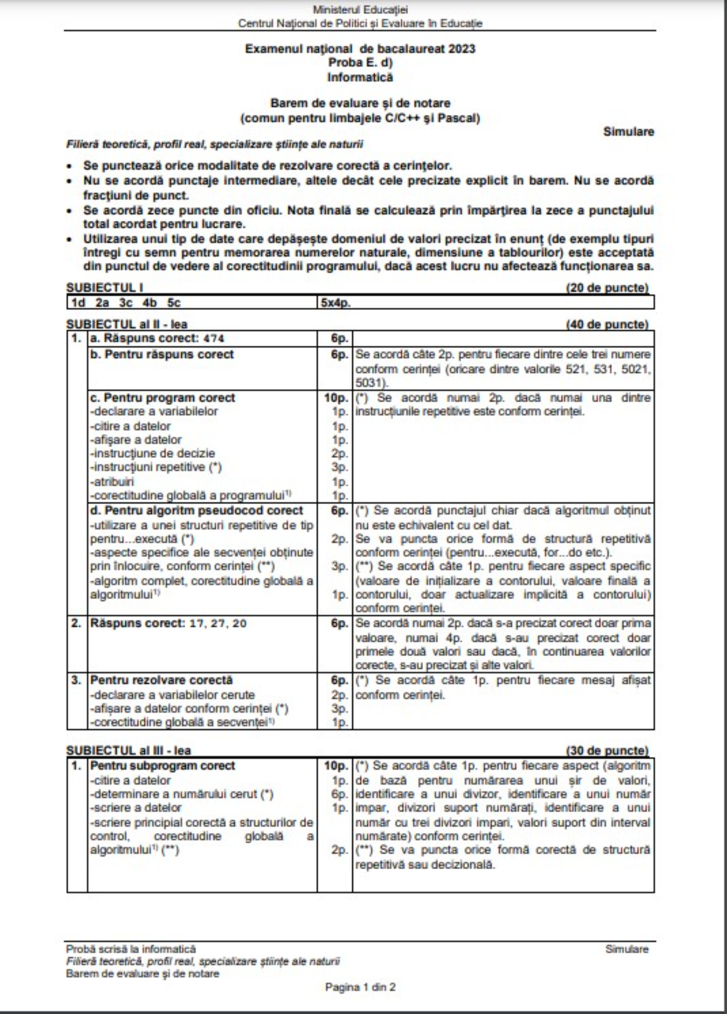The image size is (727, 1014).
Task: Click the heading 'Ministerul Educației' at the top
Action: (x=360, y=9)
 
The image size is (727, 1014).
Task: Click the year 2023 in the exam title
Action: (x=461, y=49)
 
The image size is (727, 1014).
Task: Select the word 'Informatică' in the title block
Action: (x=360, y=77)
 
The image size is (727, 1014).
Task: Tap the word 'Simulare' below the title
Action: (x=628, y=132)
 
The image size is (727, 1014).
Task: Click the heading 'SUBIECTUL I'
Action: (x=105, y=288)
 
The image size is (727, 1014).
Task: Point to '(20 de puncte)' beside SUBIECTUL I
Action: (x=607, y=288)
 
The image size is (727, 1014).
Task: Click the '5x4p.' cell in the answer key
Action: (x=335, y=303)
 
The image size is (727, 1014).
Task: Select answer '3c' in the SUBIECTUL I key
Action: (x=126, y=303)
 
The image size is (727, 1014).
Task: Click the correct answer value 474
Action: (x=214, y=338)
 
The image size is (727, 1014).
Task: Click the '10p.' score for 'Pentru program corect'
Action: (x=336, y=398)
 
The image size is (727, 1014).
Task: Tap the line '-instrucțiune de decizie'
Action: (x=153, y=454)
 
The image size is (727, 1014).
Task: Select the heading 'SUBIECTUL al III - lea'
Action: (x=129, y=751)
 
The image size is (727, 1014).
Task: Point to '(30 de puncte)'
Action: (x=607, y=751)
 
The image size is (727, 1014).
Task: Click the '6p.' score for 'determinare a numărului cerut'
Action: (x=340, y=794)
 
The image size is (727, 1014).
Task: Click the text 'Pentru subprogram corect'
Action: (x=163, y=766)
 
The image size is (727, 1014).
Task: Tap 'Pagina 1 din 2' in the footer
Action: (x=360, y=987)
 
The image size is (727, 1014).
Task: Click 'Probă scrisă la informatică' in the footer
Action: (x=131, y=949)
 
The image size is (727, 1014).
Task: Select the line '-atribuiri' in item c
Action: (x=112, y=482)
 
